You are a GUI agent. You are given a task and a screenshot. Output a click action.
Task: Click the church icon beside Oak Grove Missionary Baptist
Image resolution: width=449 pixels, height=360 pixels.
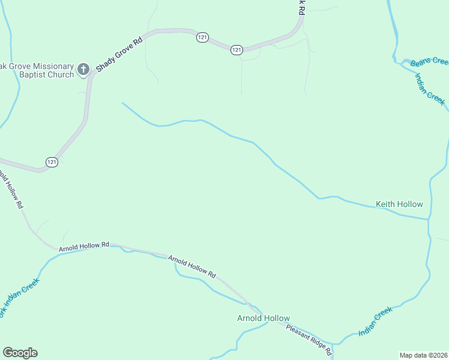coord(83,68)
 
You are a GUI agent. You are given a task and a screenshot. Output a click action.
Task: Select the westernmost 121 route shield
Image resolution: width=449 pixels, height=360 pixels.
coord(52,162)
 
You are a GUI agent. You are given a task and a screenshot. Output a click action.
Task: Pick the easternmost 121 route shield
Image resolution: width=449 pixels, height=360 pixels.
coord(237,50)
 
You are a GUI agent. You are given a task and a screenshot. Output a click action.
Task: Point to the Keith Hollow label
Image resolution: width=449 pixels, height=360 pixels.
coord(399,204)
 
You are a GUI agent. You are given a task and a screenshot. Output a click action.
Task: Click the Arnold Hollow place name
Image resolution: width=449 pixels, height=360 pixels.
coord(264,318)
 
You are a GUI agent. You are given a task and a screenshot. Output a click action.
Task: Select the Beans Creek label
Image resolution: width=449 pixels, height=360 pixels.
coord(430,61)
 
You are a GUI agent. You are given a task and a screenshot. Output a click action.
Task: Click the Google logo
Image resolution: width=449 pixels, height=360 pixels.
coord(20,353)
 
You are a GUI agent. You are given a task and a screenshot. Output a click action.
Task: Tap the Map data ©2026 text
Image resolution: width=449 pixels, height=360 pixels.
coord(423,355)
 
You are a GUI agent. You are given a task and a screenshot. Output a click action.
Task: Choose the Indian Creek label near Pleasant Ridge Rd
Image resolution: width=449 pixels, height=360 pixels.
coord(375,321)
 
